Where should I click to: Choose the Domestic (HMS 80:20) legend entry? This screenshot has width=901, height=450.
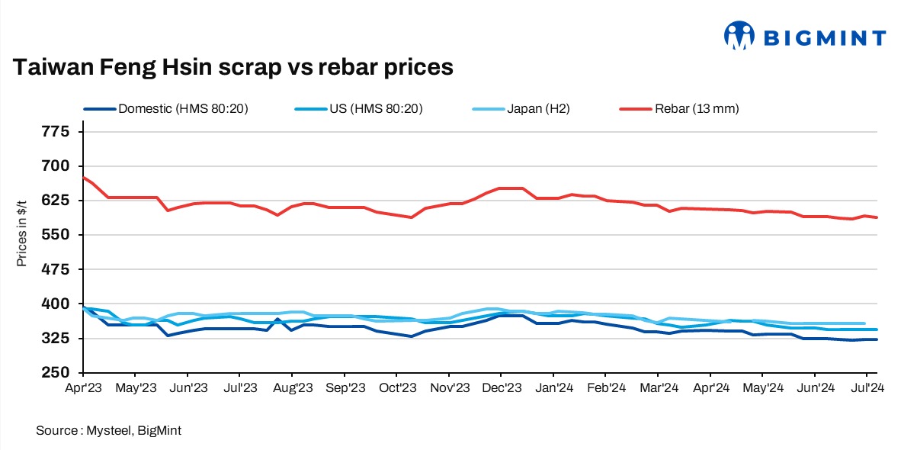(x=184, y=108)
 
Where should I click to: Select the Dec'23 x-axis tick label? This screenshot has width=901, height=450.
(x=500, y=388)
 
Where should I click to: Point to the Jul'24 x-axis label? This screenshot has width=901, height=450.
(x=867, y=388)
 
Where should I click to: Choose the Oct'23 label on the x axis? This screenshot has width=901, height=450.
(x=396, y=388)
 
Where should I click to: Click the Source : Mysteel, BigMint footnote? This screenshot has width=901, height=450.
(x=108, y=431)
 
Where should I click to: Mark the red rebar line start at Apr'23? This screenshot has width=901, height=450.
(x=83, y=177)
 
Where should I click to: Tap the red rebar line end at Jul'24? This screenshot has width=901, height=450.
(x=877, y=217)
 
